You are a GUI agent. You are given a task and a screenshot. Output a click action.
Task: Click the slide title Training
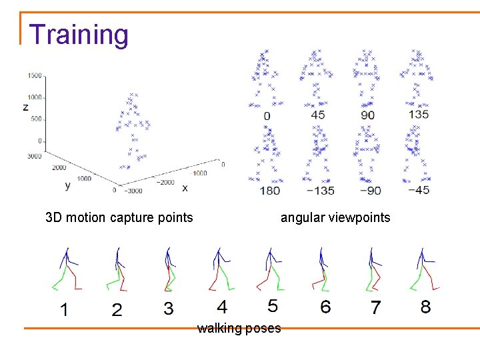click(79, 35)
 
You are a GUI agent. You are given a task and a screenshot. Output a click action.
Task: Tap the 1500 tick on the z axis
click(34, 76)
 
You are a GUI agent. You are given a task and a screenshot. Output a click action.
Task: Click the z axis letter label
click(25, 107)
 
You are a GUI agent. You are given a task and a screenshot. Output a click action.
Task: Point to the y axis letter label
click(67, 185)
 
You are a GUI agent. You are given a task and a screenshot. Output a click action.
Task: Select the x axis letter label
click(185, 188)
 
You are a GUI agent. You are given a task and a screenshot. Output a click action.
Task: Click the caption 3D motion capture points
click(119, 217)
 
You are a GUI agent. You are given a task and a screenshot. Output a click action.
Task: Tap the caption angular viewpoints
click(335, 217)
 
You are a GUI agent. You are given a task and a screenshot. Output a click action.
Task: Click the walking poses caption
click(239, 328)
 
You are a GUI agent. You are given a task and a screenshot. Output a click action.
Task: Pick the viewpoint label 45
click(318, 115)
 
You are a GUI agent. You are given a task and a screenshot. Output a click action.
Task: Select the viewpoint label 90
click(367, 115)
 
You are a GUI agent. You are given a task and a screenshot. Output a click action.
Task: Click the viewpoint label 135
click(418, 114)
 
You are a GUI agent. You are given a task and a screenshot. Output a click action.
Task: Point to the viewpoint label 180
click(269, 190)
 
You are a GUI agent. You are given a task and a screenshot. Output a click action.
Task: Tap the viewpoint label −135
click(318, 190)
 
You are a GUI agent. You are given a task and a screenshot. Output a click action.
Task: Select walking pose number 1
click(64, 309)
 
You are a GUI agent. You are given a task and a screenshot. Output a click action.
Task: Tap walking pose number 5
click(273, 306)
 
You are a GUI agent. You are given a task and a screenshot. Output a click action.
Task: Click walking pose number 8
click(425, 307)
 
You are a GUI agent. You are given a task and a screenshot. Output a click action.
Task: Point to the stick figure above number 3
click(169, 270)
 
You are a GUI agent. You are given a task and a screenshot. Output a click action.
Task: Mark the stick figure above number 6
click(323, 270)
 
